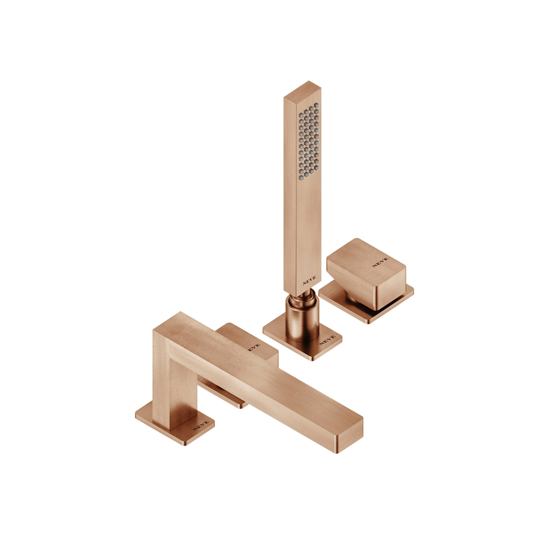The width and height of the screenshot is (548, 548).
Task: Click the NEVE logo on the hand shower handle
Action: click(x=310, y=280)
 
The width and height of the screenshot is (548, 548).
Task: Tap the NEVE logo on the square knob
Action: click(x=380, y=262)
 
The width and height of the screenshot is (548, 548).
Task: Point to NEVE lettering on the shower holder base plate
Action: click(x=328, y=340)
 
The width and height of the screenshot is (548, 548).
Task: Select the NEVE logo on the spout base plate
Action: click(x=201, y=425)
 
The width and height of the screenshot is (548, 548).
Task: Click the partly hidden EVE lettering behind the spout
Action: click(x=254, y=347)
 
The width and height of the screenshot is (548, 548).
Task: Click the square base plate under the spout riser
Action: click(x=175, y=423)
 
